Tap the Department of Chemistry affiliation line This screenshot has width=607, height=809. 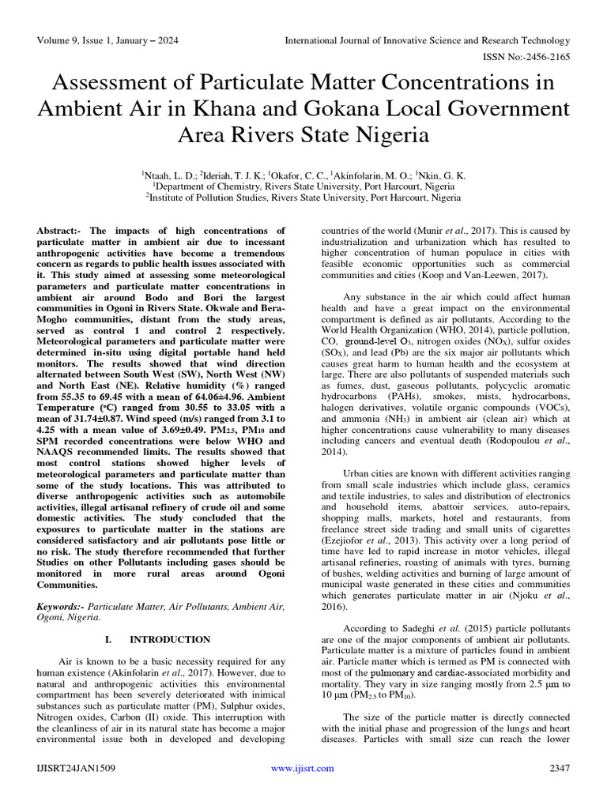tap(303, 186)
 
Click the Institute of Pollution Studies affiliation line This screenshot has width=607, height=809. tap(303, 198)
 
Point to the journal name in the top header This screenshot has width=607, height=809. tap(427, 40)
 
